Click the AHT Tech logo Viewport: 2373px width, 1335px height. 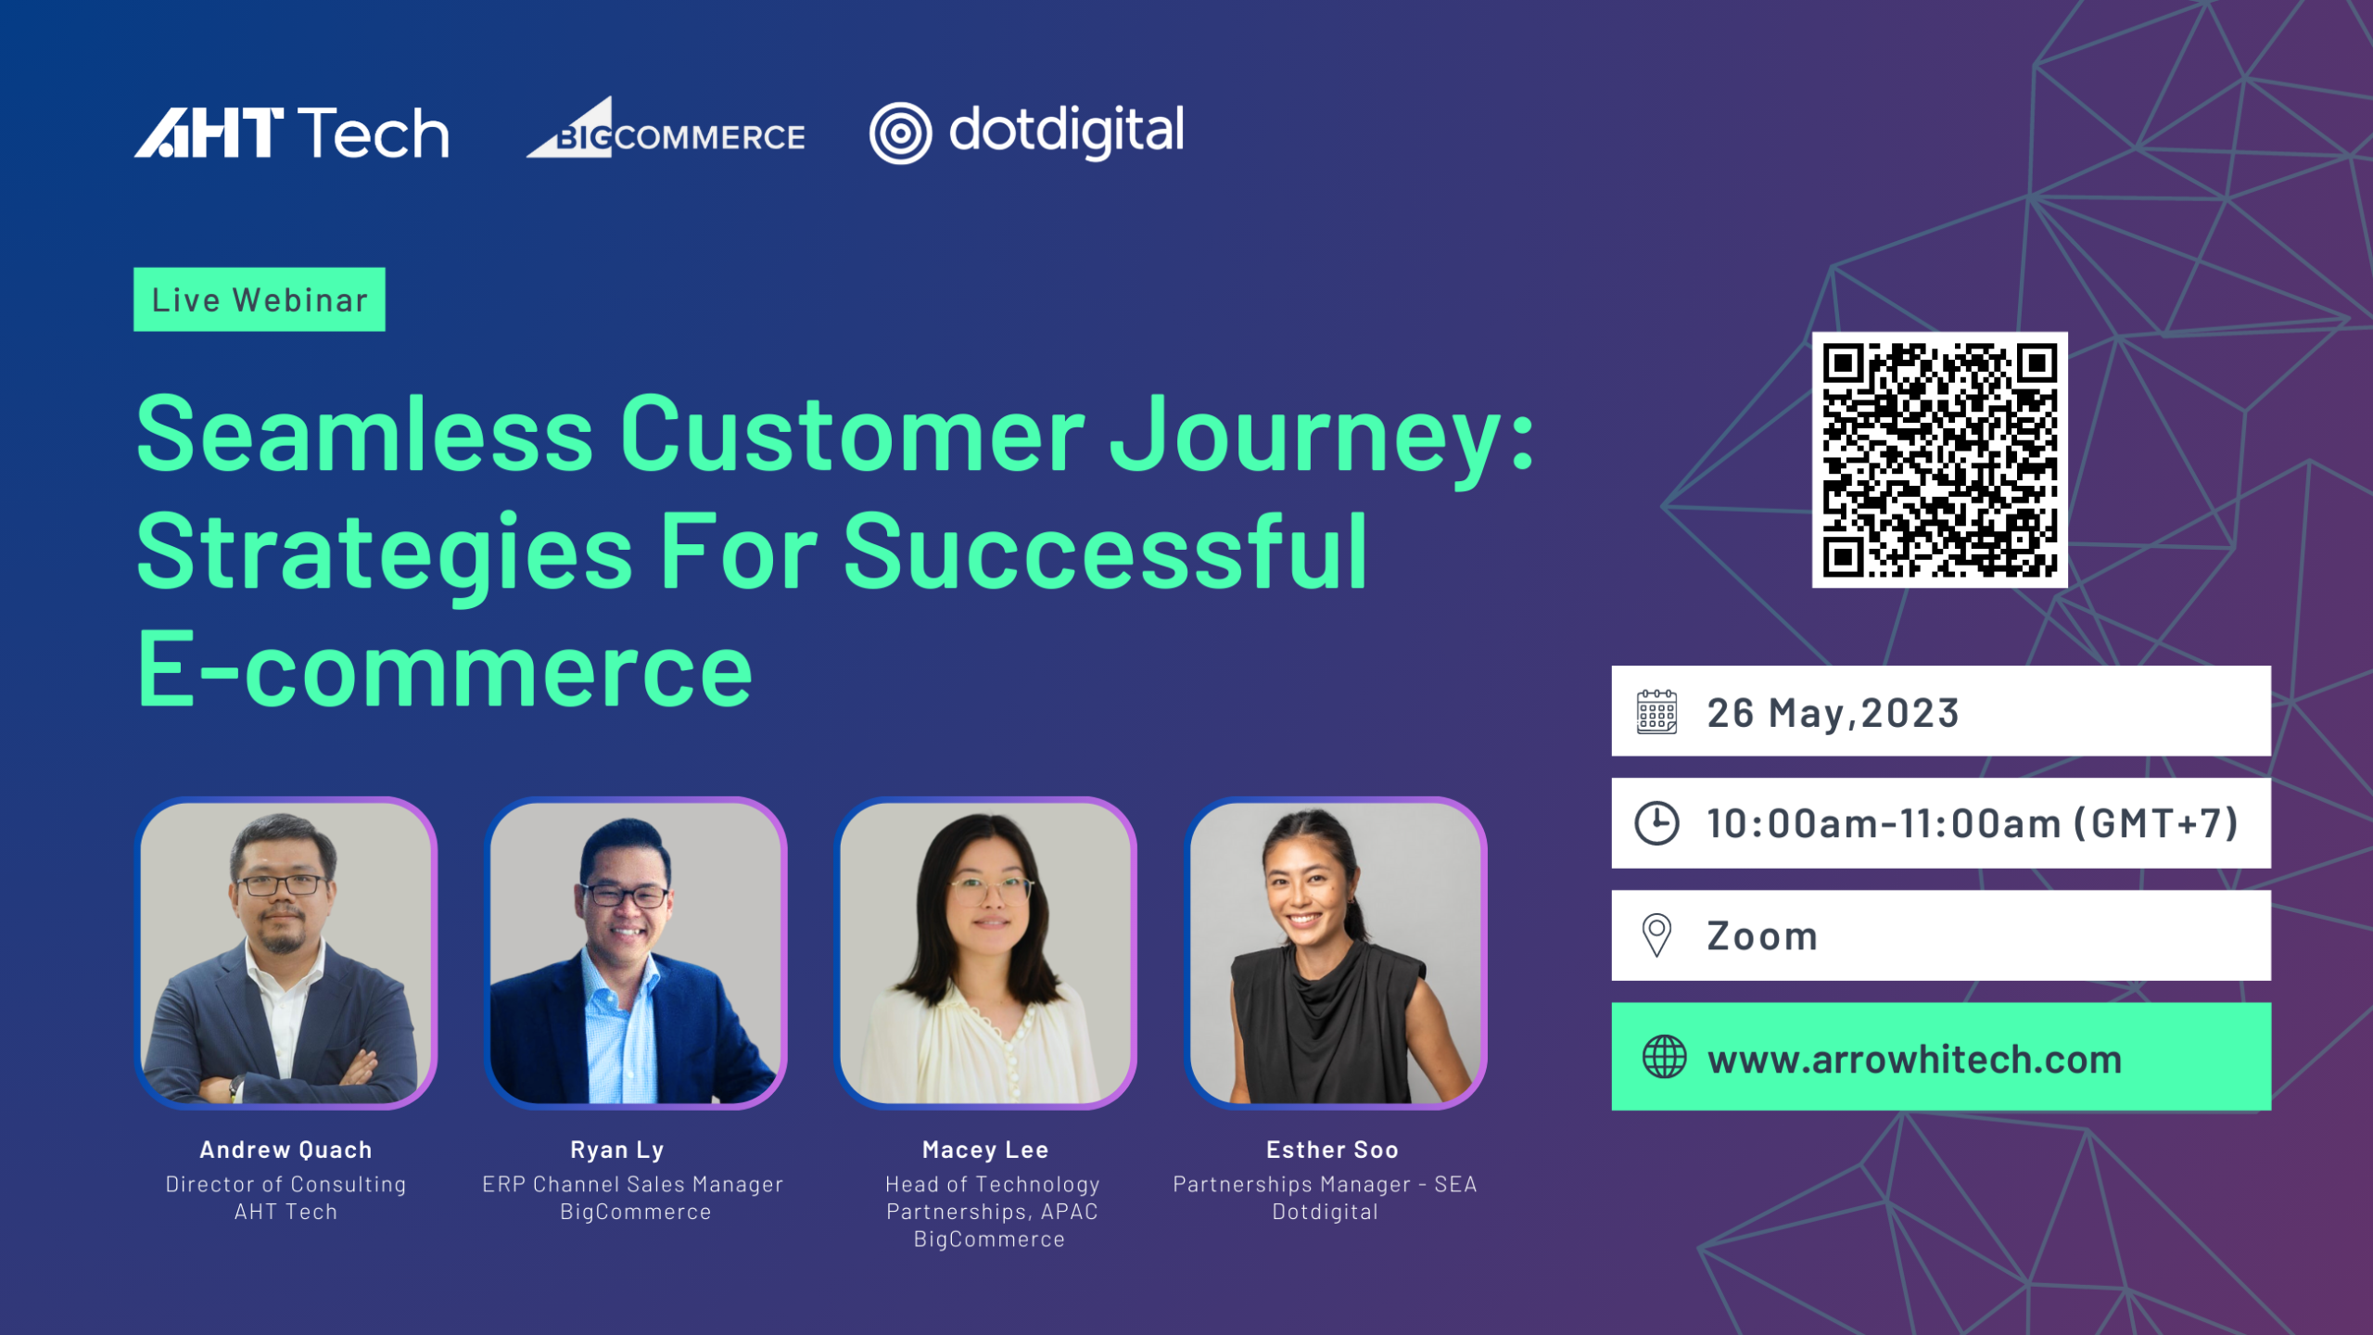tap(292, 132)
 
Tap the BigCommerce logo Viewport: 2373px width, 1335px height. tap(666, 128)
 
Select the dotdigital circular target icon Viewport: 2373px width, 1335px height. tap(900, 133)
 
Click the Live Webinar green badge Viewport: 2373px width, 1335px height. tap(260, 299)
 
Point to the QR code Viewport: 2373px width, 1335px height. tap(1939, 460)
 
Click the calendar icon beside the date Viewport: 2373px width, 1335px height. tap(1656, 712)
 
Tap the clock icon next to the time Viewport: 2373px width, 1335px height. tap(1656, 823)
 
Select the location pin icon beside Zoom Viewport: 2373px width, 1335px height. tap(1656, 935)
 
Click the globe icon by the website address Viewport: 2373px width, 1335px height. tap(1665, 1057)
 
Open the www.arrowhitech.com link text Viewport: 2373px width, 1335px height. tap(1915, 1059)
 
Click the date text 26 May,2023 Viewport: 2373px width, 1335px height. tap(1834, 713)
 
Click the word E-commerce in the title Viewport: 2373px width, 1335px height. tap(445, 667)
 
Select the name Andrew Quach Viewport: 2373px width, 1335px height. tap(286, 1150)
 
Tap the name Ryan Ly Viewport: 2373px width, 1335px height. tap(617, 1151)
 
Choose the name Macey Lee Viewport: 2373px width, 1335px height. tap(985, 1150)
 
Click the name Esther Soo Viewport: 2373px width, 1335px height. tap(1332, 1150)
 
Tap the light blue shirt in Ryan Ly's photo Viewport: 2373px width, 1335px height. tap(620, 1029)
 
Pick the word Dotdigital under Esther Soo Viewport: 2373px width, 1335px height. tap(1326, 1212)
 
